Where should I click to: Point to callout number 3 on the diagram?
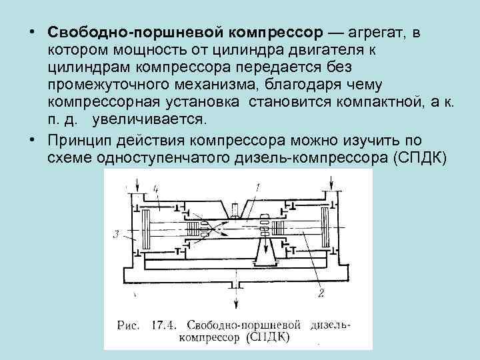[116, 234]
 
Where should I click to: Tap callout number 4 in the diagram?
[157, 190]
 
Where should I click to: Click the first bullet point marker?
[32, 33]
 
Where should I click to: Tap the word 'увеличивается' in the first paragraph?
[151, 119]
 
